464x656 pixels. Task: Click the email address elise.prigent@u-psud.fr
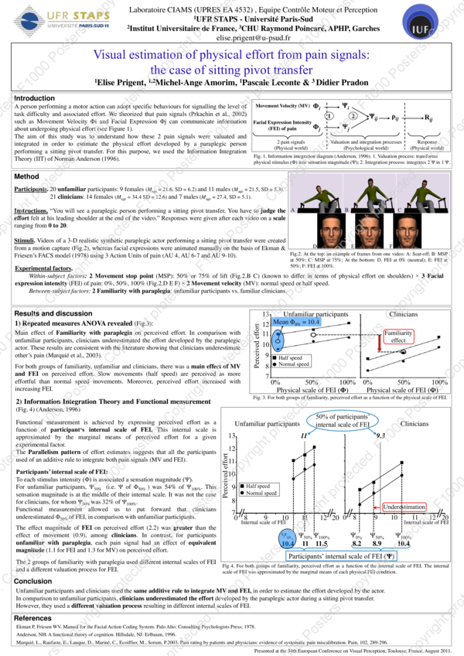coord(231,36)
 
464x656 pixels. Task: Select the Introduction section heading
coord(35,98)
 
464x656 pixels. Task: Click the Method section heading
coord(27,177)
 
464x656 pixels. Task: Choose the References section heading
coord(33,618)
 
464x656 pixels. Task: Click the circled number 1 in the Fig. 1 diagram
coord(329,116)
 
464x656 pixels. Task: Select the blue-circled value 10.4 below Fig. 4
coord(288,545)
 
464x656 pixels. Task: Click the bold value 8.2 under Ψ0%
coord(358,544)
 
